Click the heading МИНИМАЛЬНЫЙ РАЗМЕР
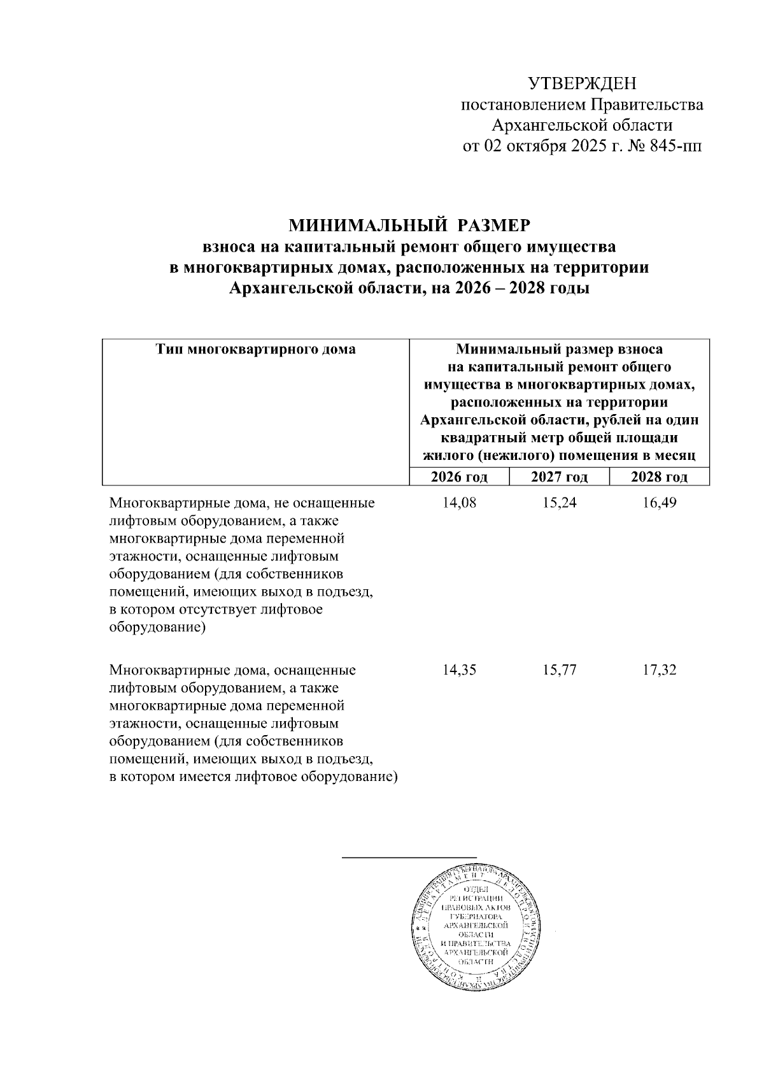409,226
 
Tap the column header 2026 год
459,477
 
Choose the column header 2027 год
559,477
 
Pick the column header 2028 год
659,477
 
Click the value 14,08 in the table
459,503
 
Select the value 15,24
559,503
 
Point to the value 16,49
659,503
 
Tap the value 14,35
459,670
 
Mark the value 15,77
559,670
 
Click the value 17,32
659,670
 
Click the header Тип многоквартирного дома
256,349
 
